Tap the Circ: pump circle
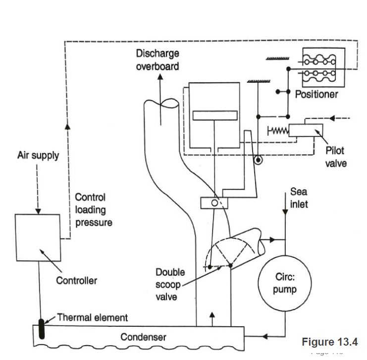(284, 284)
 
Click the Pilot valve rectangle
(305, 130)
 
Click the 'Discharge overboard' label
(157, 60)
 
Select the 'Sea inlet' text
(299, 197)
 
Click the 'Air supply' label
(38, 156)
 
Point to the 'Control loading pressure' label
(94, 210)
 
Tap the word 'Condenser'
(143, 337)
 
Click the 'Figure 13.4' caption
(329, 342)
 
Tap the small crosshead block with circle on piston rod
(213, 203)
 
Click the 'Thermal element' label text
(93, 317)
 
